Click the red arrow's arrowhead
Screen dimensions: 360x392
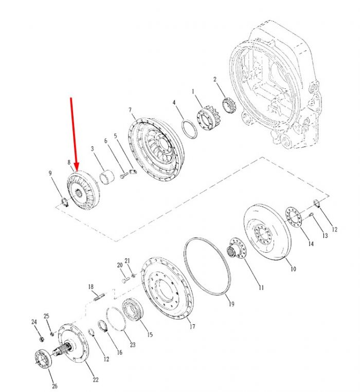(76, 166)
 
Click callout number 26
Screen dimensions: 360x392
(55, 386)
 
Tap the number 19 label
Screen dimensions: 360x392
(231, 304)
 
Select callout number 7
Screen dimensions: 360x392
(130, 110)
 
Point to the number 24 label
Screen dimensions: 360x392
(34, 322)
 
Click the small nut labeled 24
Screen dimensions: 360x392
(42, 339)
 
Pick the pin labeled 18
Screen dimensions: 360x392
(99, 297)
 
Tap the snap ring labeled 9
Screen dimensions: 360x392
(65, 202)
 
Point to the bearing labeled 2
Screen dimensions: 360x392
(228, 105)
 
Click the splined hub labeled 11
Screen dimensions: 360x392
(237, 249)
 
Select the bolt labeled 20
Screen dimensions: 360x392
(126, 280)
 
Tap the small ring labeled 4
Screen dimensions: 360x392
(189, 129)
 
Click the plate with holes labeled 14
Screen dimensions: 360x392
(294, 217)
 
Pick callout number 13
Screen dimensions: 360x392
(325, 235)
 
